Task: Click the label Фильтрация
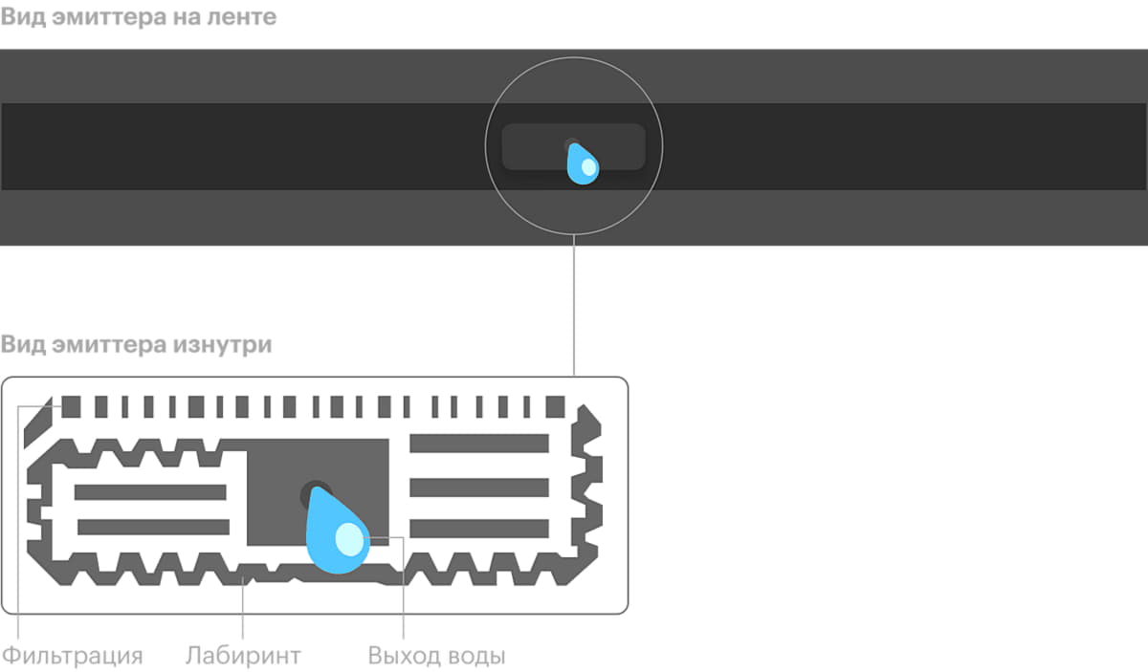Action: tap(72, 656)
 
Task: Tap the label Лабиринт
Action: tap(243, 656)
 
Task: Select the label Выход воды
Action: tap(436, 656)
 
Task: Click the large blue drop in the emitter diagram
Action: tap(337, 535)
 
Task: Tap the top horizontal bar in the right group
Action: tap(478, 443)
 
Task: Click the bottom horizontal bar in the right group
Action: tap(478, 528)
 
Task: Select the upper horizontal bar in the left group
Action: tap(151, 491)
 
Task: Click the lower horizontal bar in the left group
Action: tap(151, 527)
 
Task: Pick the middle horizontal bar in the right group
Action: tap(478, 486)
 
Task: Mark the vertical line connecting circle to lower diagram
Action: tap(573, 306)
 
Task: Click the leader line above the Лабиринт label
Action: tap(243, 612)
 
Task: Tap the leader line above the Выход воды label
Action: tap(404, 593)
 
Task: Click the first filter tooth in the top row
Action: tap(71, 408)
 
